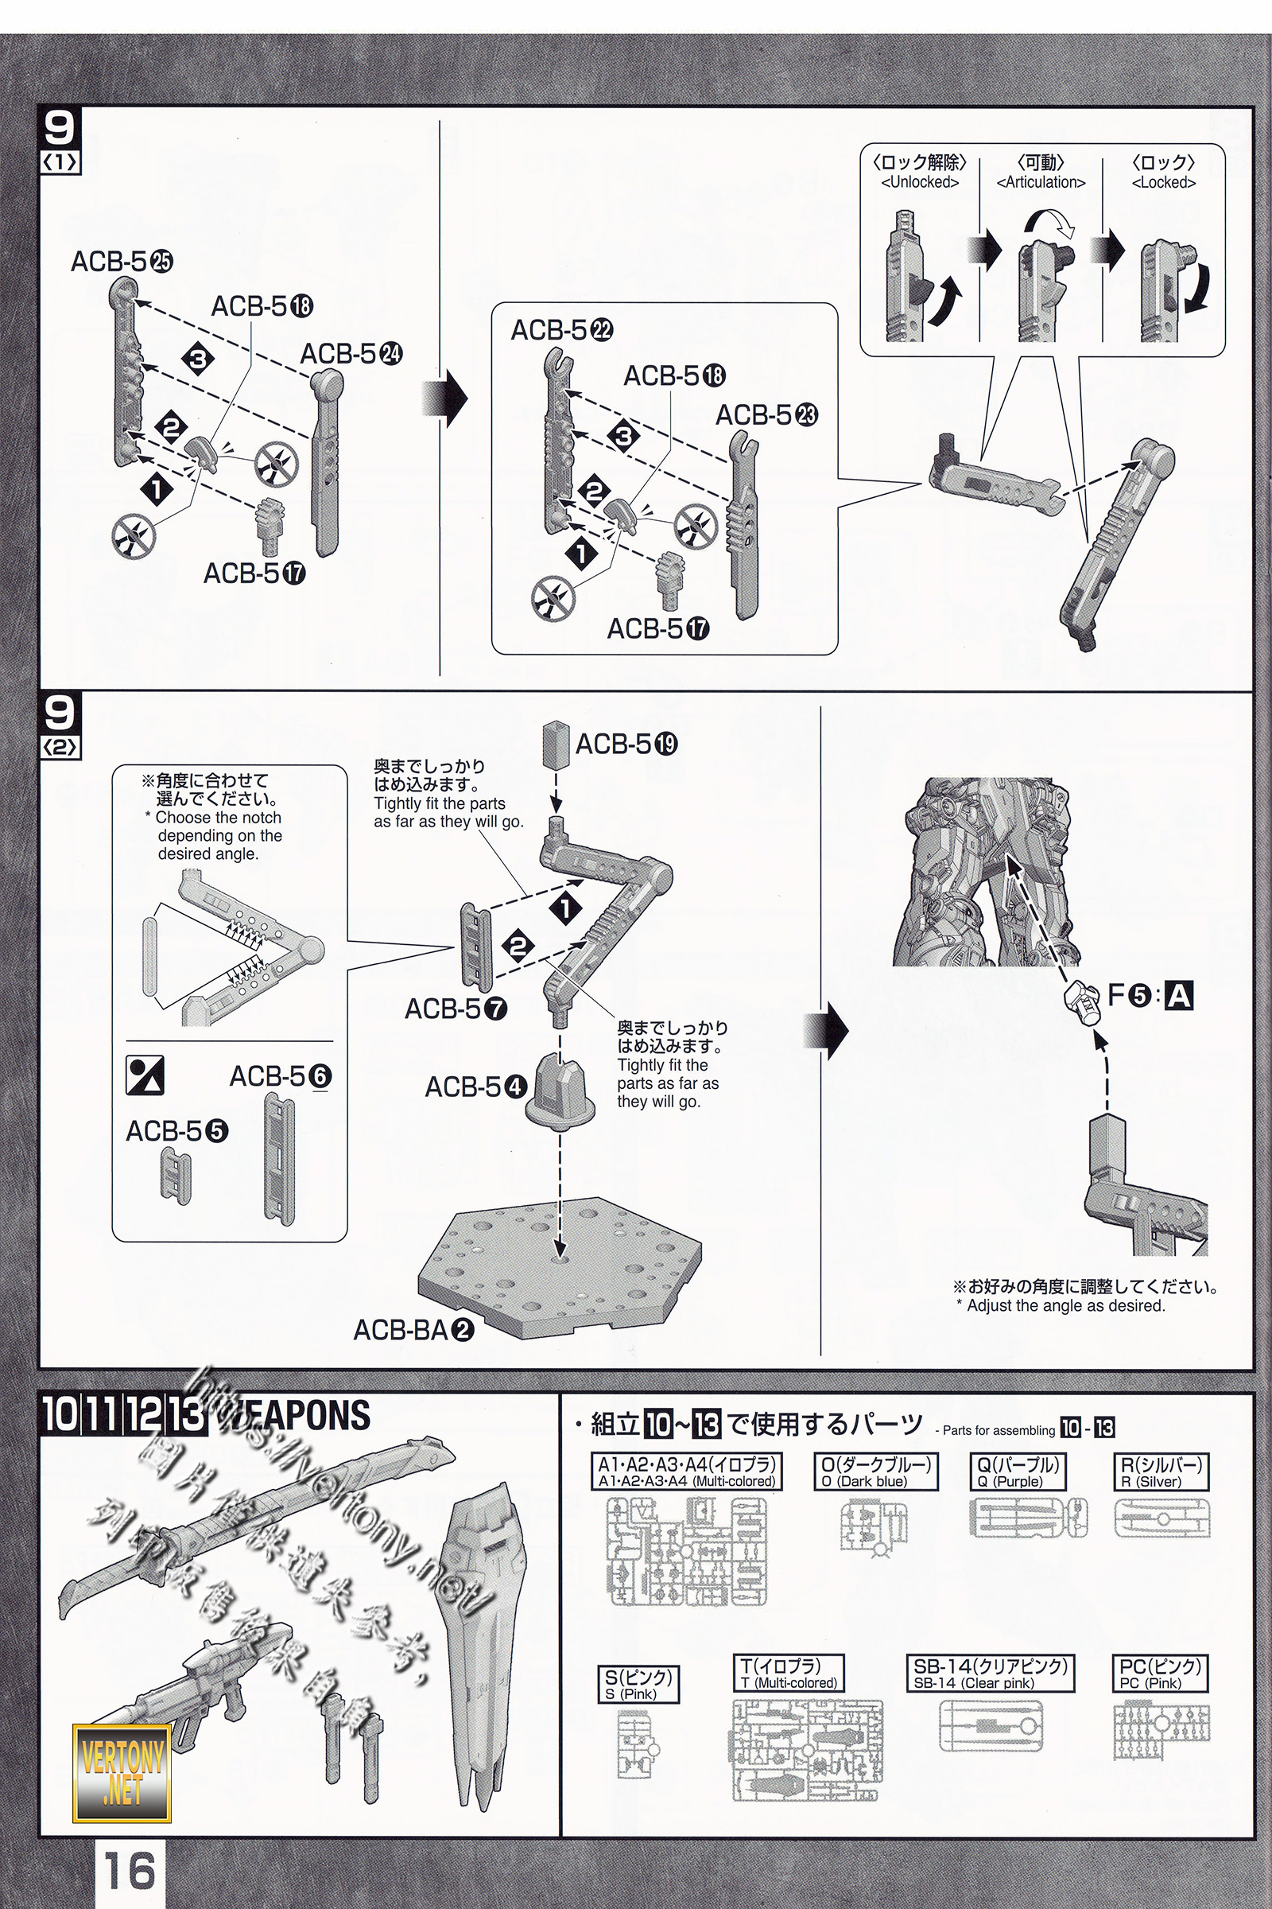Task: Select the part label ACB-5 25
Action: tap(122, 262)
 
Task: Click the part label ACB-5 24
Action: tap(351, 354)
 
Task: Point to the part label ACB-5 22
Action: tap(561, 330)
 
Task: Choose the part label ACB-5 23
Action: tap(766, 414)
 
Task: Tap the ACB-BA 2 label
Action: tap(413, 1329)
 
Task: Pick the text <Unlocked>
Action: tap(919, 183)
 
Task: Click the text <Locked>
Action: tap(1163, 183)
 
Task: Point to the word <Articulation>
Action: tap(1040, 183)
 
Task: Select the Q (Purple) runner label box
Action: tap(1017, 1472)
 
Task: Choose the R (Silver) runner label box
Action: tap(1160, 1472)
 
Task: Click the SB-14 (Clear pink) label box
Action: tap(991, 1674)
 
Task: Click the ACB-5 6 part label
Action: tap(280, 1076)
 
